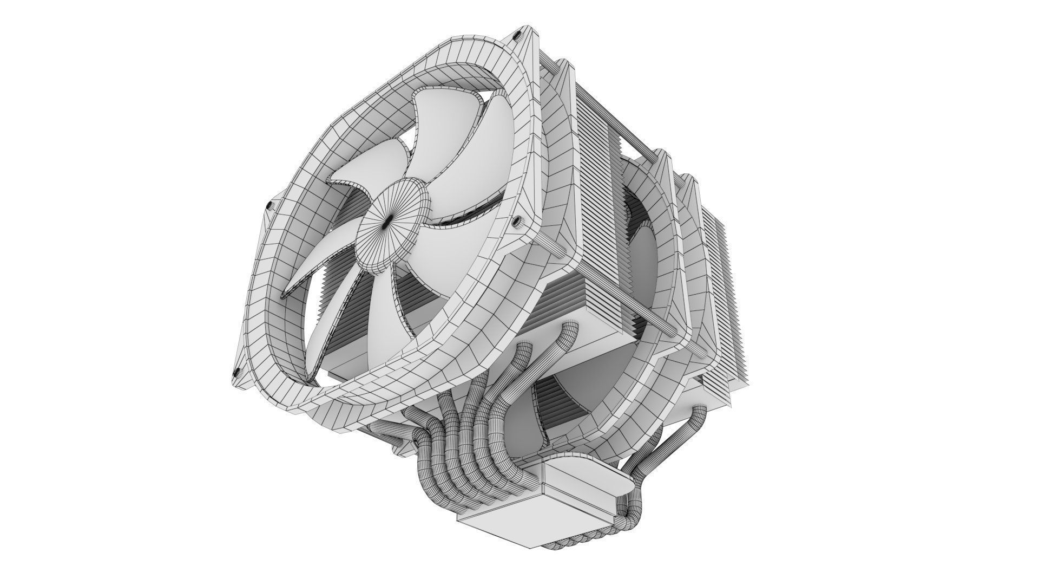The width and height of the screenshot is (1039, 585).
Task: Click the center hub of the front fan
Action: click(x=387, y=220)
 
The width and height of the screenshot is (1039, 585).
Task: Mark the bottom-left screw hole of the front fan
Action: click(x=236, y=372)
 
